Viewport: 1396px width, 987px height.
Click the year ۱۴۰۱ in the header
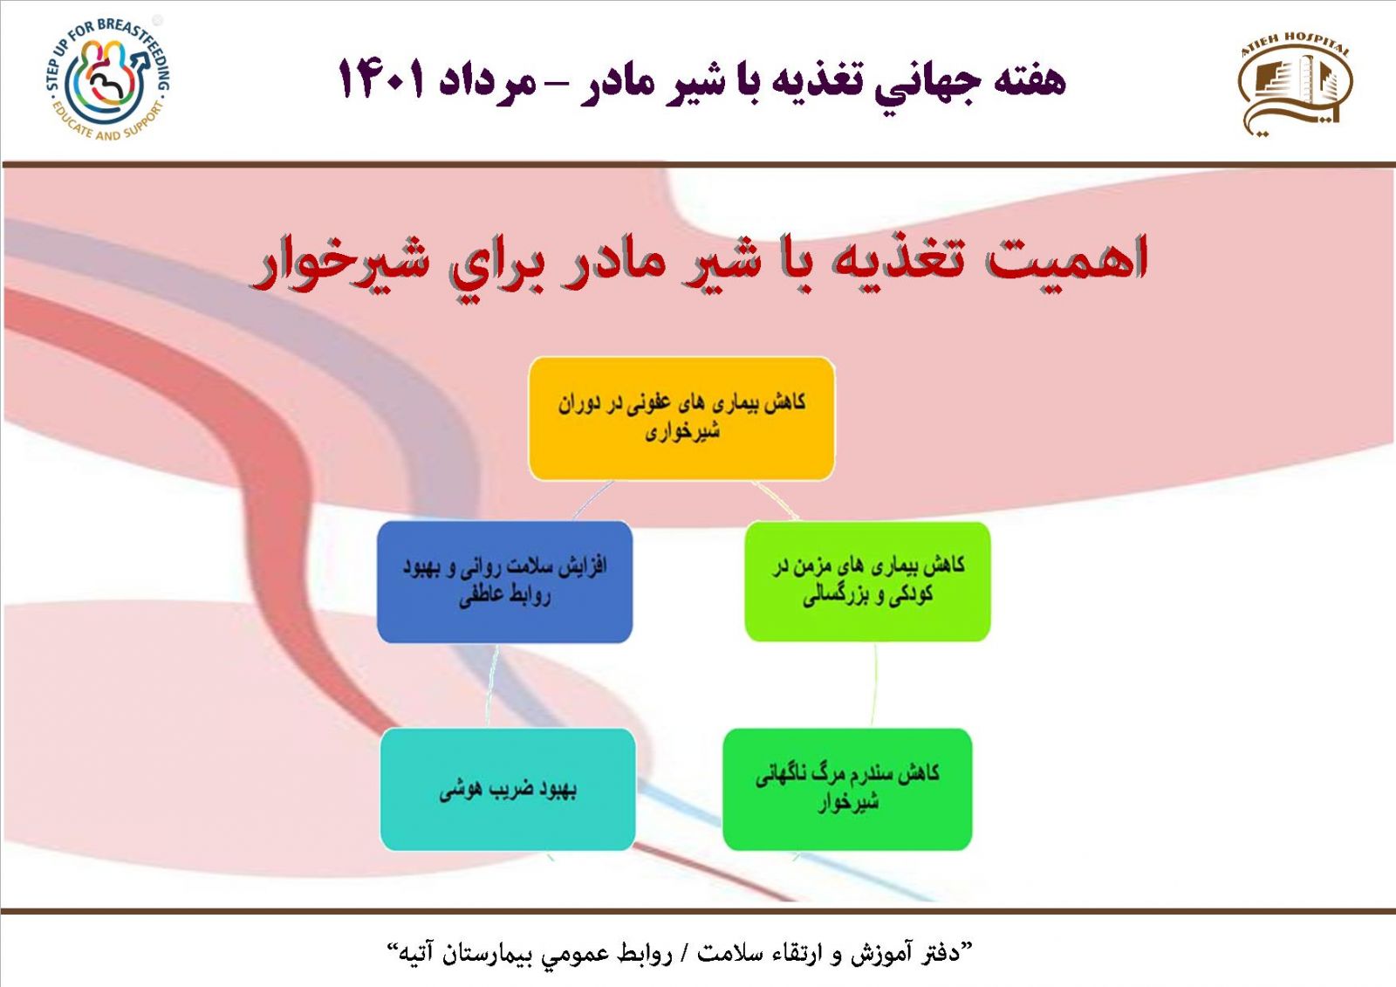coord(381,79)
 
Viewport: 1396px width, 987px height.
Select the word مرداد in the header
coord(488,82)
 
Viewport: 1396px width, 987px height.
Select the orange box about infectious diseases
coord(681,418)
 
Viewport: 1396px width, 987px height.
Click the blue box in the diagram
coord(505,582)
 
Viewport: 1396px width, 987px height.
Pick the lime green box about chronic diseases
coord(867,581)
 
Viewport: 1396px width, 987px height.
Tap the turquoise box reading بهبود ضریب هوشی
coord(508,790)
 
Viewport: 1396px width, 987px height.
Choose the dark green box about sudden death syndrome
coord(847,790)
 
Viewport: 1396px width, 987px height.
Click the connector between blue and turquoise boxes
coord(492,685)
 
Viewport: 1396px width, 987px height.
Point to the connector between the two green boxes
coord(874,684)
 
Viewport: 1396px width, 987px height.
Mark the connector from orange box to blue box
coord(592,500)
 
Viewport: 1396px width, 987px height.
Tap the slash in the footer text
coord(684,953)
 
